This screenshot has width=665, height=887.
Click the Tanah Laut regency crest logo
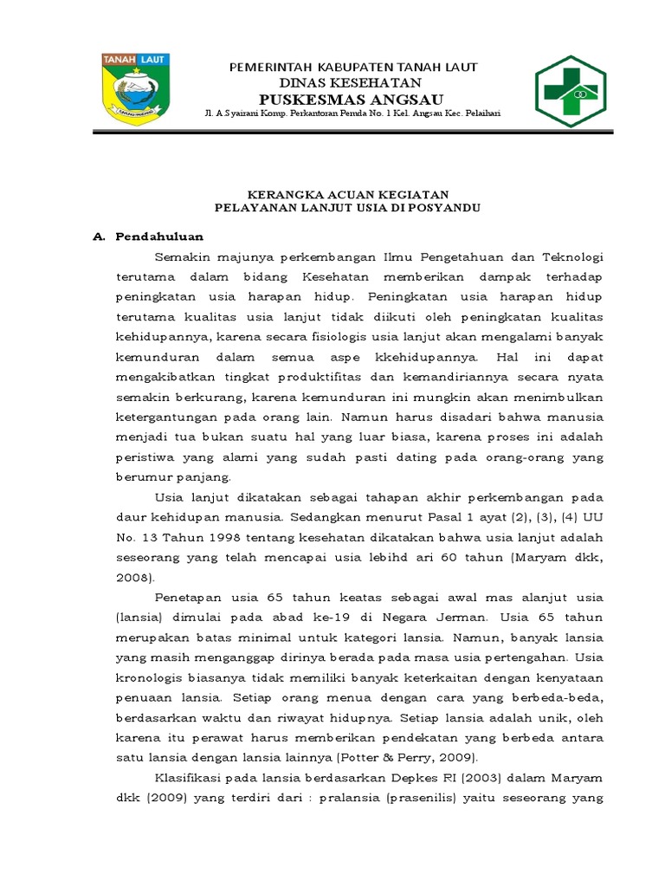click(x=136, y=85)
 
